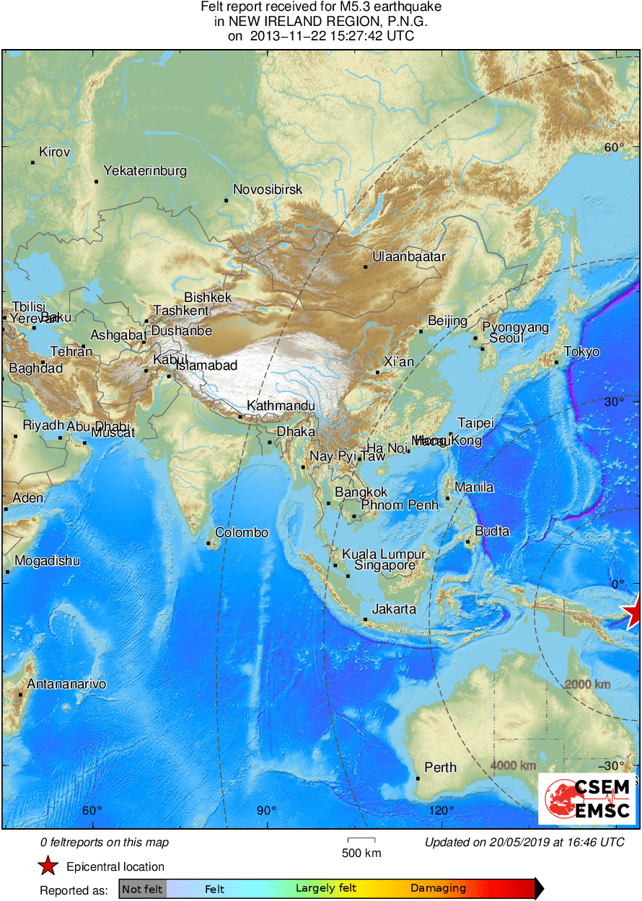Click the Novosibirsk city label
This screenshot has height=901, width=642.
pos(267,190)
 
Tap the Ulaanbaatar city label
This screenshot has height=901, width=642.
pos(409,257)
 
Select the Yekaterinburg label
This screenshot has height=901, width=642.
pos(145,171)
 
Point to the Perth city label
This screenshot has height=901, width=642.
pos(440,767)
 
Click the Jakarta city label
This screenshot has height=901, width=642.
pos(393,609)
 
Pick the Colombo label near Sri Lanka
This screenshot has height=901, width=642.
pos(242,533)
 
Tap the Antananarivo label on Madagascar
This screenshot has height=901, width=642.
pos(66,683)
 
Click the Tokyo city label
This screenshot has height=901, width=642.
pos(581,352)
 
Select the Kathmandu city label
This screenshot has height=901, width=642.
pos(281,407)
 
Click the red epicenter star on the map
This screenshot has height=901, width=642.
pos(633,613)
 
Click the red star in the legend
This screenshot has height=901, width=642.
pos(48,866)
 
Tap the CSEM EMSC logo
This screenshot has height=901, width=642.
pos(589,799)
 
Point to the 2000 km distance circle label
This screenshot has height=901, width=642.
pos(587,684)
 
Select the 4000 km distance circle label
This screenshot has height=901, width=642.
pos(513,765)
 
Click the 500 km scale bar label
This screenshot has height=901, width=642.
pos(361,853)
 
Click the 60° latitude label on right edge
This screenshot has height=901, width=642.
pos(614,148)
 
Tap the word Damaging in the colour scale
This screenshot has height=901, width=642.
pos(438,889)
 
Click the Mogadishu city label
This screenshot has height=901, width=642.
pos(48,561)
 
